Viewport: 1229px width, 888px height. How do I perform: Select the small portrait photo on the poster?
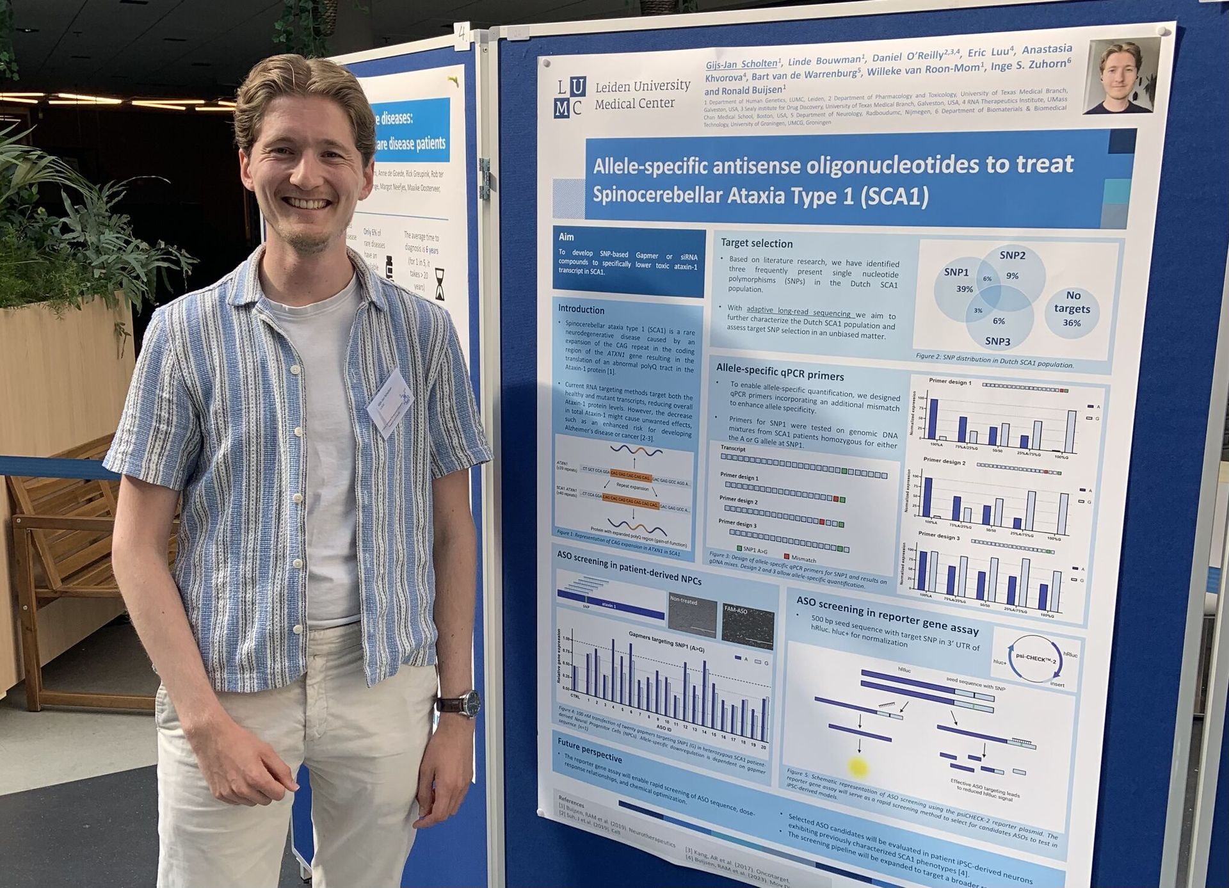1121,76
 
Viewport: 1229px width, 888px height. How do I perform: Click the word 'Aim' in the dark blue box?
566,237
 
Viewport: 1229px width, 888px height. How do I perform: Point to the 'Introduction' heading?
581,309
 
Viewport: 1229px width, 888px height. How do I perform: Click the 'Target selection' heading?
756,243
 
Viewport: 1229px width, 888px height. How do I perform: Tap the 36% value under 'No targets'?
1072,323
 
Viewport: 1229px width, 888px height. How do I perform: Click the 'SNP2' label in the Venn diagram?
1012,255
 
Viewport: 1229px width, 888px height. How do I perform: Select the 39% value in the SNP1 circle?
964,289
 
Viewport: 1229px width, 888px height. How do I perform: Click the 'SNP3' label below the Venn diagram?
997,341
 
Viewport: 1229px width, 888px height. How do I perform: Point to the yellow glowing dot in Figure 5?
858,766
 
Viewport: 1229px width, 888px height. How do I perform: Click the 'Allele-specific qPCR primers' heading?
780,371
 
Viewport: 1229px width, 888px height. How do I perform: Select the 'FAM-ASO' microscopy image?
748,623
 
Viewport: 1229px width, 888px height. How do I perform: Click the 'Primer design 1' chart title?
949,382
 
